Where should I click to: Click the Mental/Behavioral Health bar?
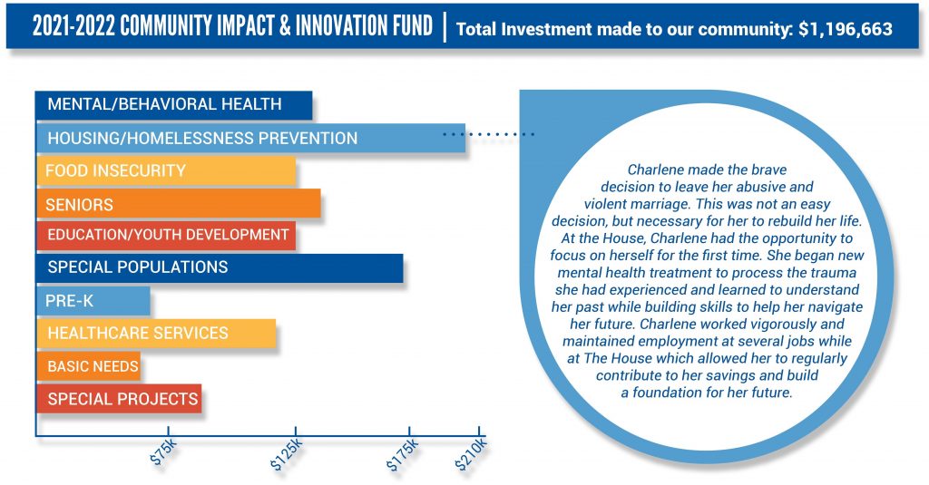(x=173, y=105)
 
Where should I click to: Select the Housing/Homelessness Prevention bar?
(x=250, y=138)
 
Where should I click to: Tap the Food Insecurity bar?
(x=166, y=170)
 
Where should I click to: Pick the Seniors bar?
(x=179, y=204)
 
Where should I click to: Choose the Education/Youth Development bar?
(x=166, y=235)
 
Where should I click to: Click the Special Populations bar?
(x=220, y=267)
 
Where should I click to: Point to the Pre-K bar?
(x=93, y=300)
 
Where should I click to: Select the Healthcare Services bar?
(x=156, y=333)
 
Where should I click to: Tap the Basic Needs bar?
(x=88, y=366)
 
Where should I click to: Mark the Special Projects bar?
(x=119, y=399)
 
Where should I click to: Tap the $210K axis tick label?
(x=471, y=455)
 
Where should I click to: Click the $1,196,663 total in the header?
(x=846, y=29)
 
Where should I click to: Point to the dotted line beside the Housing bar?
(x=489, y=134)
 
